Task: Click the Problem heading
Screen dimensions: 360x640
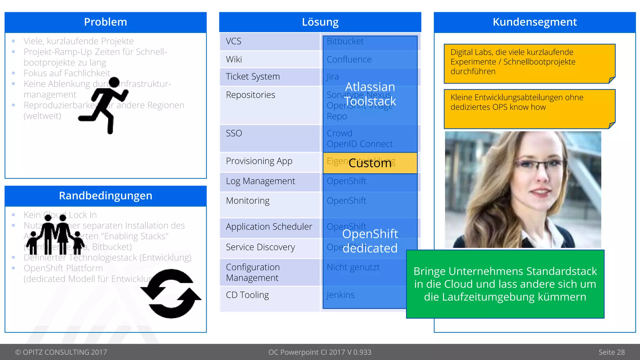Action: coord(105,22)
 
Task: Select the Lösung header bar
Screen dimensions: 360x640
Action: coord(320,22)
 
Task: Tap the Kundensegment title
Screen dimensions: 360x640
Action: coord(534,22)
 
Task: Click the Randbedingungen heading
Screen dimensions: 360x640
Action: coord(105,196)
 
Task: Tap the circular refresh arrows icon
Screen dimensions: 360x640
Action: coord(171,294)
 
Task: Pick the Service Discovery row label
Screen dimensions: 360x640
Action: coord(260,247)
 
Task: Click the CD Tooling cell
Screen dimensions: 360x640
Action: coord(247,295)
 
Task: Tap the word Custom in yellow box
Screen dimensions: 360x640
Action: coord(370,163)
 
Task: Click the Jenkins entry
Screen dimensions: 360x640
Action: coord(340,295)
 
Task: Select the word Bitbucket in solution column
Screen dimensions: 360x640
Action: coord(345,41)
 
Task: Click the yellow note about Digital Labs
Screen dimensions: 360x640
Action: coord(529,63)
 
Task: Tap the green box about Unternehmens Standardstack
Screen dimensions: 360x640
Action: coord(505,284)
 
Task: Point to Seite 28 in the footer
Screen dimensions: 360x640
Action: coord(611,352)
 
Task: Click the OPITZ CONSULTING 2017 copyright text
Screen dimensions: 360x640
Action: coord(61,352)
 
